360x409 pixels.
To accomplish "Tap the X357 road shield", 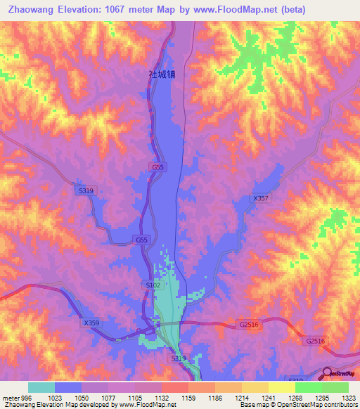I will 260,199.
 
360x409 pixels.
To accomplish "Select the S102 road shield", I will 152,285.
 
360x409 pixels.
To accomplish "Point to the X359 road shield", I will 91,323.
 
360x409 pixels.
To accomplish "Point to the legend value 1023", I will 54,397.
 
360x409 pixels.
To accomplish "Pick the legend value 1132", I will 161,397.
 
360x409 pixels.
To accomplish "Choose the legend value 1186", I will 214,397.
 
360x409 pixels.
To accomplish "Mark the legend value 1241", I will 268,397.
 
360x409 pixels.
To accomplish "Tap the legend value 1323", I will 347,397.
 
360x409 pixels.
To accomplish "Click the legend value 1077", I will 108,397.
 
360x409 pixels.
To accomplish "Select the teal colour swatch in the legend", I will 41,387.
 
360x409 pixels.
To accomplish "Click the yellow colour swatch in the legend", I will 281,387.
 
